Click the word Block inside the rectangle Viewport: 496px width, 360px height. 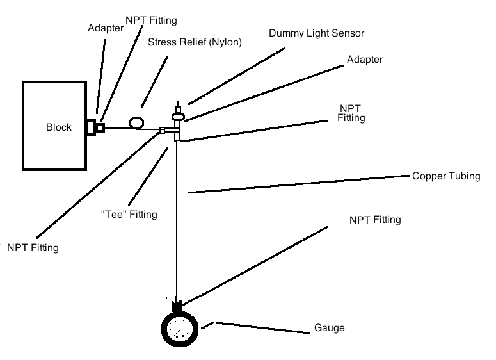point(59,127)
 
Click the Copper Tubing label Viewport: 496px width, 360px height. point(446,176)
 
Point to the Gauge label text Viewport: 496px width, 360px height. point(330,328)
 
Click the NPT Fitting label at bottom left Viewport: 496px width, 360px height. point(33,247)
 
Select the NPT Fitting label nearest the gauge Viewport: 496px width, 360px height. point(375,220)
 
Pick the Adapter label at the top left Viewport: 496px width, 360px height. point(105,28)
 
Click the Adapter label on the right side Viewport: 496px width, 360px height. point(364,60)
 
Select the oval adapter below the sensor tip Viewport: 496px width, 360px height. point(179,116)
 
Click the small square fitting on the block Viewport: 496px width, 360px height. point(100,127)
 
